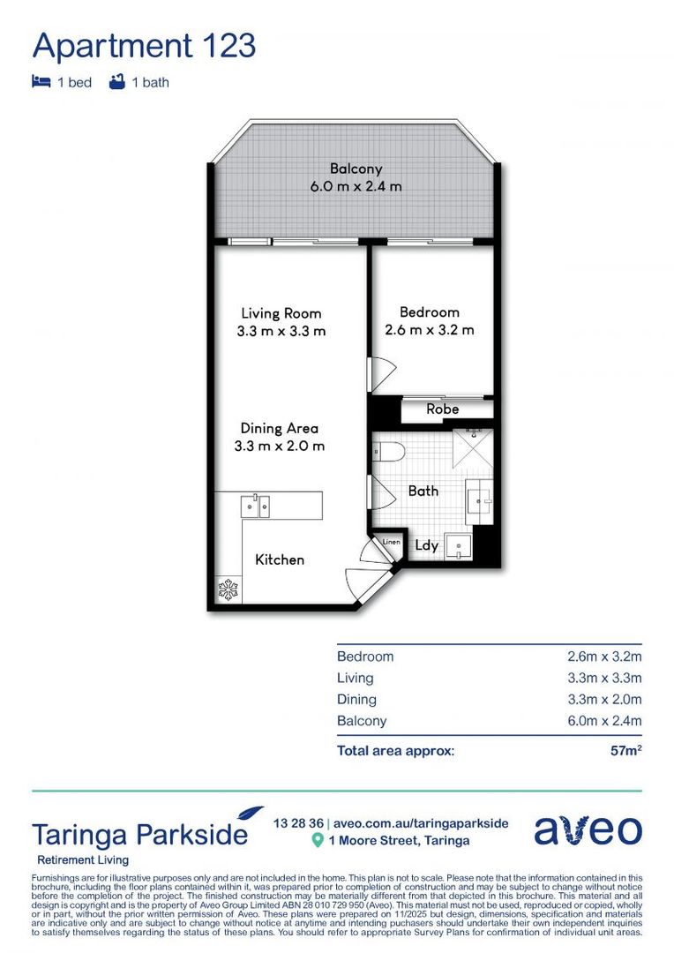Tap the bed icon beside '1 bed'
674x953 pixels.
[x=41, y=82]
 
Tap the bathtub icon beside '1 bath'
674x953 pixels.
[x=116, y=82]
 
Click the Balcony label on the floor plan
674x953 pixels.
[x=356, y=169]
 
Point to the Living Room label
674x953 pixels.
[x=281, y=313]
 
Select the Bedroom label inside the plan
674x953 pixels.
[x=429, y=312]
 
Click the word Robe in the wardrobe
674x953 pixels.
[x=442, y=409]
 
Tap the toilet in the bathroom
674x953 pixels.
[x=387, y=453]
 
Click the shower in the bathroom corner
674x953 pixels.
[x=474, y=449]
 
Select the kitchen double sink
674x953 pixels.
[x=256, y=506]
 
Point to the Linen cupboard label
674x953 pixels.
[x=391, y=541]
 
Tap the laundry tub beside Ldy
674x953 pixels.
[x=458, y=546]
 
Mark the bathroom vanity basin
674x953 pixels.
[x=479, y=502]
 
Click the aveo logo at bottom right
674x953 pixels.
[x=588, y=829]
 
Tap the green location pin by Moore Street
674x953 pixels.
[x=318, y=841]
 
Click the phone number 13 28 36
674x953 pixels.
[x=298, y=823]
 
